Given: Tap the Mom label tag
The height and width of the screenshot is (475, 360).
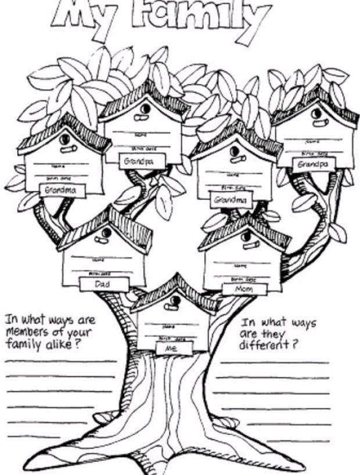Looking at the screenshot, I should coord(244,289).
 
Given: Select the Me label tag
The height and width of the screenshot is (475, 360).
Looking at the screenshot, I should coord(174,348).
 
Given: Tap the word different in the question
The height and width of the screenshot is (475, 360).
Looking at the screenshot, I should coord(267,344).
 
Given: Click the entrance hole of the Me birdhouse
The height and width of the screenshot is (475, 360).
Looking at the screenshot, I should coord(173,301).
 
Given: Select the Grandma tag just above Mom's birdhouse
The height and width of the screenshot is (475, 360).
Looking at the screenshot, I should coord(231,200).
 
